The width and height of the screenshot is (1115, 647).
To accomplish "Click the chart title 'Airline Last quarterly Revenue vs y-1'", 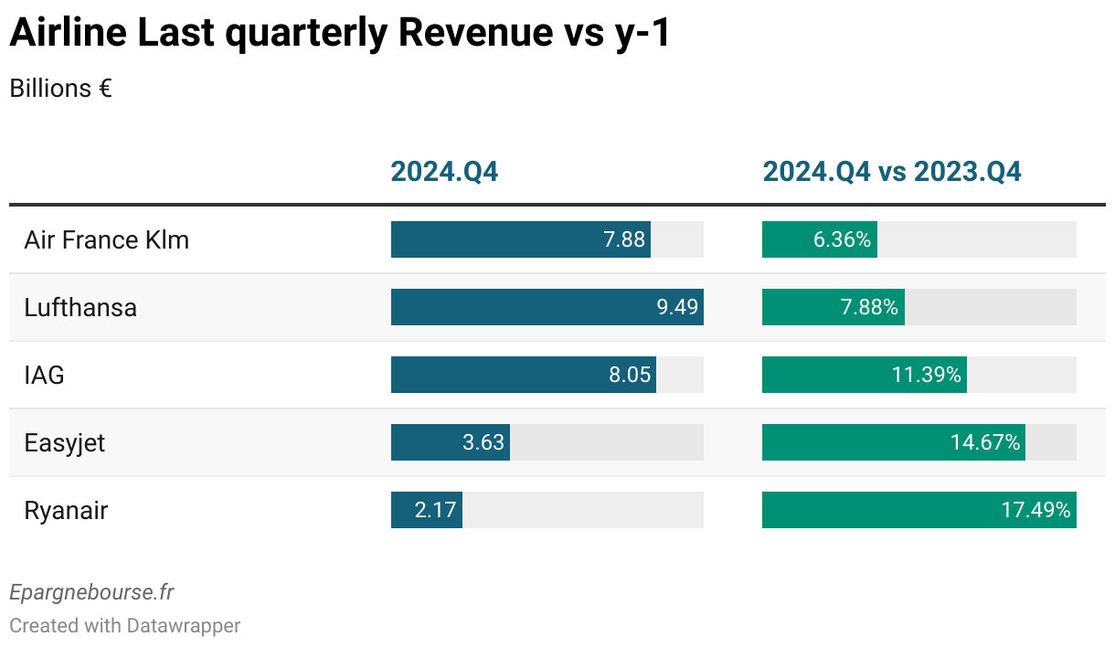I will tap(339, 34).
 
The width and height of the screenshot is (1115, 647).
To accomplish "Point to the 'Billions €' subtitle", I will tap(60, 89).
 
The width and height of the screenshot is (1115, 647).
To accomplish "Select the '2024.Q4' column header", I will tap(444, 172).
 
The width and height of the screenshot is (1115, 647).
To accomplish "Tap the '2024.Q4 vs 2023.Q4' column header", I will tap(892, 172).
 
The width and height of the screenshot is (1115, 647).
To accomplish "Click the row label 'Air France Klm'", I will tap(107, 240).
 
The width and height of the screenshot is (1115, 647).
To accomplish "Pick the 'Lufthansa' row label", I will tap(80, 308).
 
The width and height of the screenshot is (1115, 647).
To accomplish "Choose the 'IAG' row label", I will tap(45, 376).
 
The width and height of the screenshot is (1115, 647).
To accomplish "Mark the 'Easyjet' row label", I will tap(65, 443).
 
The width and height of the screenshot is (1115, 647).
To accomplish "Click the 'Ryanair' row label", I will tap(66, 511).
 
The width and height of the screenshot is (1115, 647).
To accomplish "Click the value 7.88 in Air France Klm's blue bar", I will tap(624, 240).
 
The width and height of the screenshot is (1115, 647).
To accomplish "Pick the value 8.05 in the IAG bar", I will tap(630, 376).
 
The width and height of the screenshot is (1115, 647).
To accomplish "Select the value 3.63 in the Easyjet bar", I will tap(483, 443).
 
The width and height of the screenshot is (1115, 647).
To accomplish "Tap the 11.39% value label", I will tap(927, 376).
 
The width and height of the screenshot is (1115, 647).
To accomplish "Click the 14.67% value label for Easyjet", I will tap(985, 443).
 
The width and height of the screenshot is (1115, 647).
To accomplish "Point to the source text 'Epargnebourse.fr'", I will tap(91, 592).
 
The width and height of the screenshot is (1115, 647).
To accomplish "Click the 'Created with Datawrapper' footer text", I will tap(125, 626).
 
